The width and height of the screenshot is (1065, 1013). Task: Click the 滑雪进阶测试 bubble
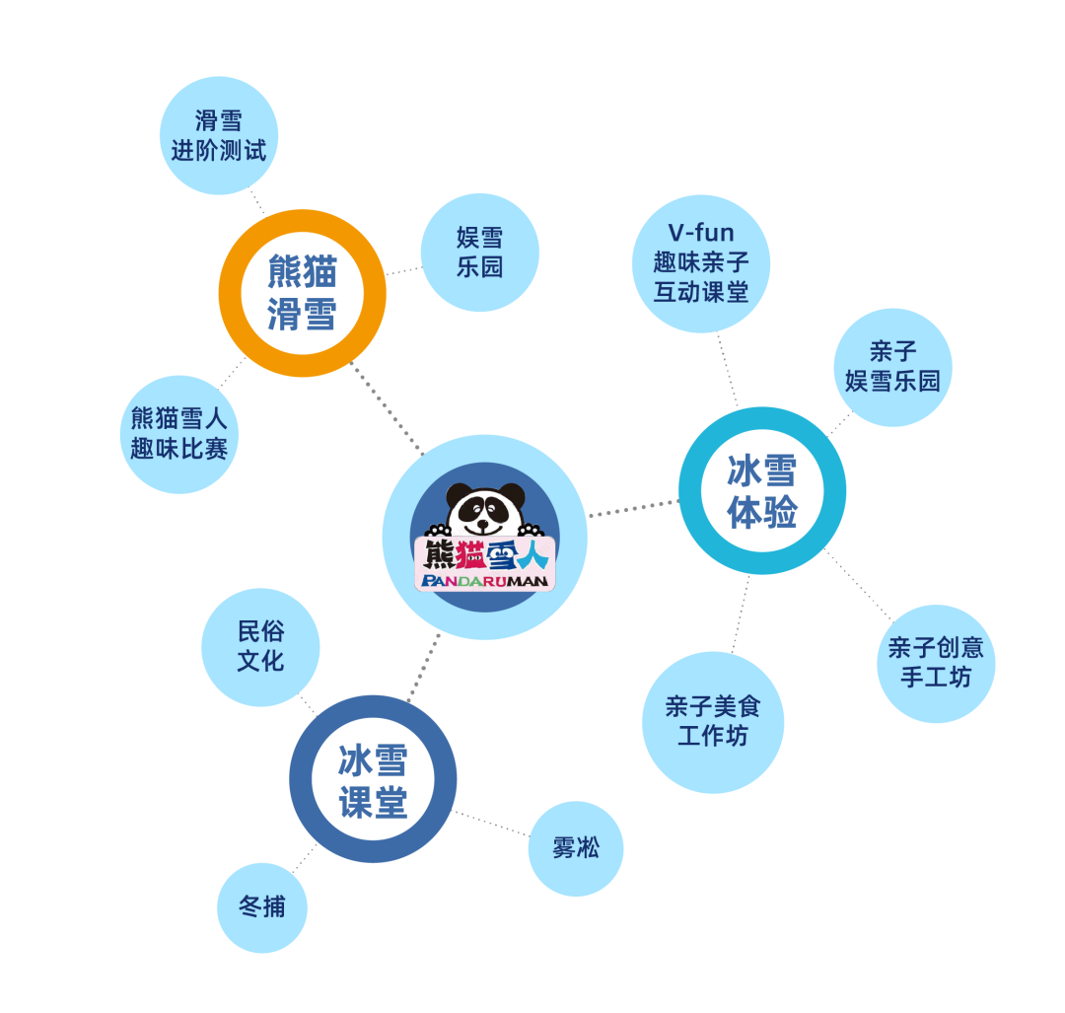[219, 135]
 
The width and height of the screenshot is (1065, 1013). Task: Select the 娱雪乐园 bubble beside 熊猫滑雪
[479, 252]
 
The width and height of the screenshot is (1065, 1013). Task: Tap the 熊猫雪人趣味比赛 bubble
[179, 433]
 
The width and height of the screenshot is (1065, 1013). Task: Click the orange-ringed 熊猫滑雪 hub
[302, 293]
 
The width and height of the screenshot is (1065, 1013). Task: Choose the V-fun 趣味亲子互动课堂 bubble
[701, 263]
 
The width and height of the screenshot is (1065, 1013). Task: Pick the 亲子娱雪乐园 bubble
[892, 367]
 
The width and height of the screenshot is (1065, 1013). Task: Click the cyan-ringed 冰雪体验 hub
[762, 490]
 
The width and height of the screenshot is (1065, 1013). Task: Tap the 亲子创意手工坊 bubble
[935, 663]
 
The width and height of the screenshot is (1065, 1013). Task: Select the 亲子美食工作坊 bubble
[712, 722]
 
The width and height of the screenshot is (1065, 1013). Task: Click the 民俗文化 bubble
[260, 647]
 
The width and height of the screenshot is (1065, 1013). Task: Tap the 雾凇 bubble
[576, 848]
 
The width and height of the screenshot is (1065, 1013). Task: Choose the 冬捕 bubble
[262, 907]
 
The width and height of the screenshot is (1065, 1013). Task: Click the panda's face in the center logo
[483, 514]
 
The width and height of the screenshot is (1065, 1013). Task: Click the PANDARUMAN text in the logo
[484, 581]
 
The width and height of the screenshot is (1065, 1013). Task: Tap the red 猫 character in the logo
[469, 555]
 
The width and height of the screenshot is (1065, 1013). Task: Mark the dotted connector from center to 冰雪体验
[632, 509]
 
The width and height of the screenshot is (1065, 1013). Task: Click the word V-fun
[701, 234]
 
